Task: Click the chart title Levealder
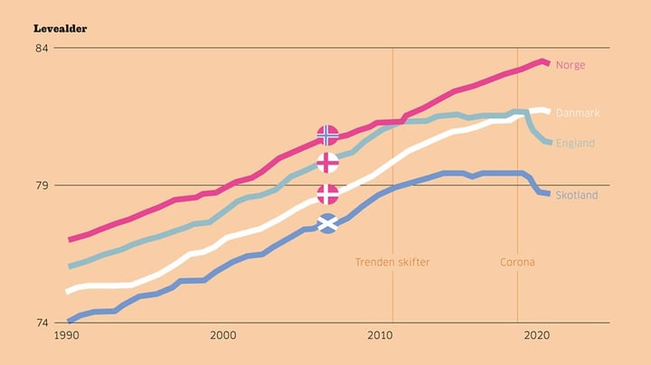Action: click(x=61, y=28)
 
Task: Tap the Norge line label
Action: click(x=571, y=65)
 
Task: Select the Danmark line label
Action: click(x=577, y=113)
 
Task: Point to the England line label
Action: click(x=575, y=143)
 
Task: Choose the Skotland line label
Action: click(x=577, y=195)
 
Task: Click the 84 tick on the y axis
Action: click(x=42, y=48)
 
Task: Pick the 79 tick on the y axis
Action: click(x=42, y=185)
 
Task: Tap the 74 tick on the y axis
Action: click(x=42, y=323)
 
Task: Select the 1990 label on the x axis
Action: click(x=67, y=335)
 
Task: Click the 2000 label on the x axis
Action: click(x=223, y=335)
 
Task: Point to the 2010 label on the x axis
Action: click(x=380, y=335)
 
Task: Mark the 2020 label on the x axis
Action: click(x=536, y=335)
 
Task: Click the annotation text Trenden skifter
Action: click(x=392, y=262)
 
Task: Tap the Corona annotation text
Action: click(x=517, y=262)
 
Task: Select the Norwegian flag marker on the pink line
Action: click(x=328, y=135)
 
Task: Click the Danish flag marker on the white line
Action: click(x=328, y=194)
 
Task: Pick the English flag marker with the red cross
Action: click(x=328, y=163)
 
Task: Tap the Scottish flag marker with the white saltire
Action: click(x=328, y=222)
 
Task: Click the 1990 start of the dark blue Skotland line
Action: click(x=69, y=321)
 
